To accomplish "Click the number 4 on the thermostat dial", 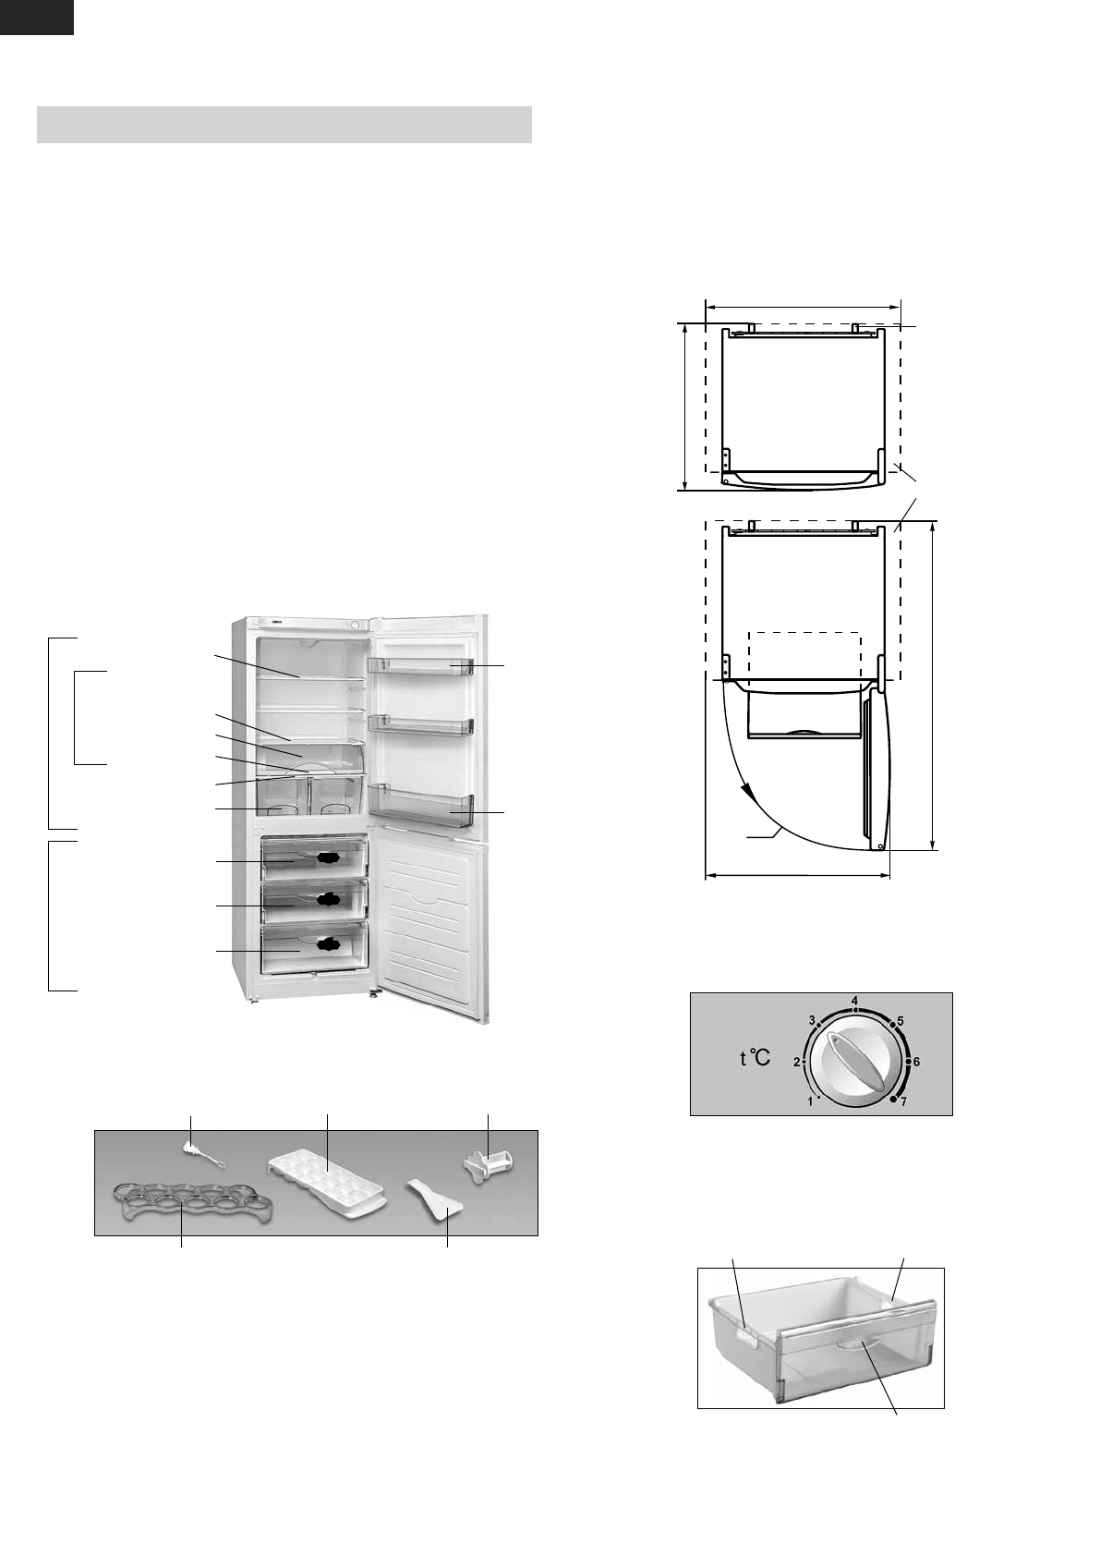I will [x=855, y=1001].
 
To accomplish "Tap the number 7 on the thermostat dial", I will [x=904, y=1101].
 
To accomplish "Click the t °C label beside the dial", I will [x=755, y=1058].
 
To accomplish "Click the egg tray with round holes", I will [x=192, y=1202].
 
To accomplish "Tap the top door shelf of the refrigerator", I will [x=420, y=666].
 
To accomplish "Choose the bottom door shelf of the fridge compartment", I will [x=420, y=806].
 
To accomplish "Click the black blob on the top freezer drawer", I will [x=329, y=858].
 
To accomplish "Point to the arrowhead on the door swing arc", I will [x=743, y=792].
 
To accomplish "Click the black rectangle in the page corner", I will [x=36, y=17].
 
